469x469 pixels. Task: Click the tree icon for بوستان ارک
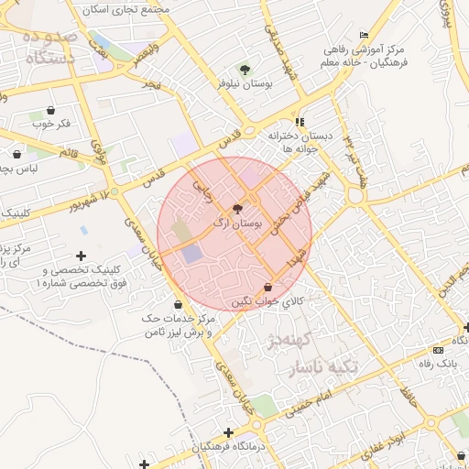coord(239,210)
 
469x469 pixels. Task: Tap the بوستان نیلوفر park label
coord(242,83)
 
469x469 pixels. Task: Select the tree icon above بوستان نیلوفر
coord(244,69)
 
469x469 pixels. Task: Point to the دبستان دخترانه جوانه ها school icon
coord(300,122)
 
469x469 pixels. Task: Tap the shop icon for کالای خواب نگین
coord(267,287)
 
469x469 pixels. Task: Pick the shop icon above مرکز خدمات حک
coord(179,304)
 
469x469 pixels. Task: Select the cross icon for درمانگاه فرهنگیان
coord(228,432)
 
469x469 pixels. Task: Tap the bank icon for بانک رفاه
coord(438,350)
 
